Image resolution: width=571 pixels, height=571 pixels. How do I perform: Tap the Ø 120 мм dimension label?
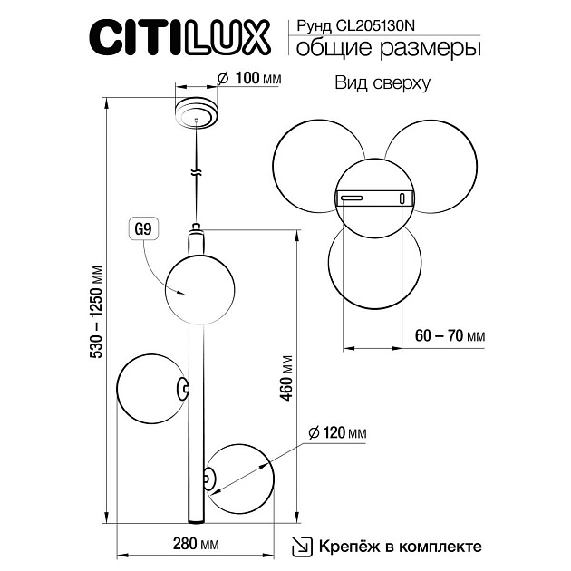point(336,433)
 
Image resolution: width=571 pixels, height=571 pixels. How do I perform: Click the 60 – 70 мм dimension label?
point(448,335)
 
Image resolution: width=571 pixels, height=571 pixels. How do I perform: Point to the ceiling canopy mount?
point(196,111)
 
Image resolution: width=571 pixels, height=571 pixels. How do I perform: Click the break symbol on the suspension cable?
point(195,171)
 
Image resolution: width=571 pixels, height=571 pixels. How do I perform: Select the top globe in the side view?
point(196,286)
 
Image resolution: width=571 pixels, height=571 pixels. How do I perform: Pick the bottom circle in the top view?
point(373,266)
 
